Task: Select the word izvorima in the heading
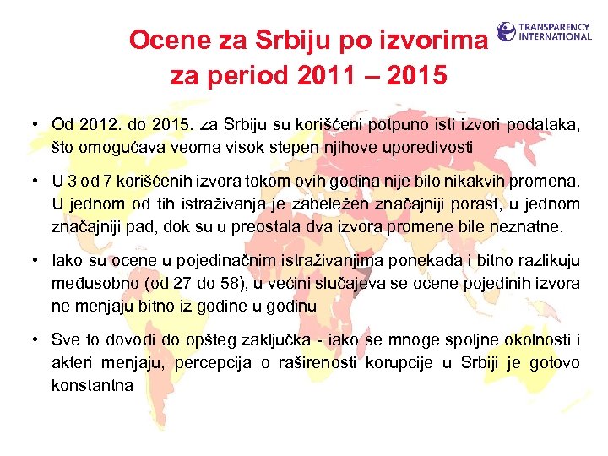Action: [431, 39]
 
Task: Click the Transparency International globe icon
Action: [506, 32]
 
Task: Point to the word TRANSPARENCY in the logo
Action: [555, 27]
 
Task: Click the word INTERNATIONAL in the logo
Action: [555, 36]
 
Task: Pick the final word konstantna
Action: [93, 384]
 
